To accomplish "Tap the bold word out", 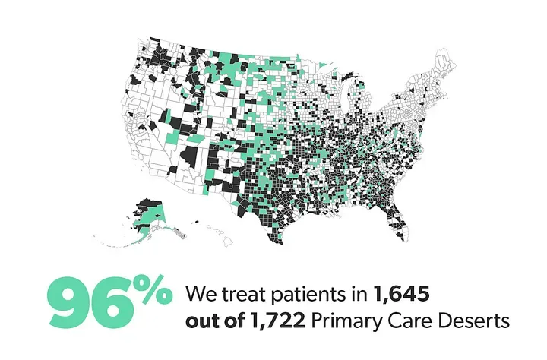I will point(201,322).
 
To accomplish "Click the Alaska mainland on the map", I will point(149,213).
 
